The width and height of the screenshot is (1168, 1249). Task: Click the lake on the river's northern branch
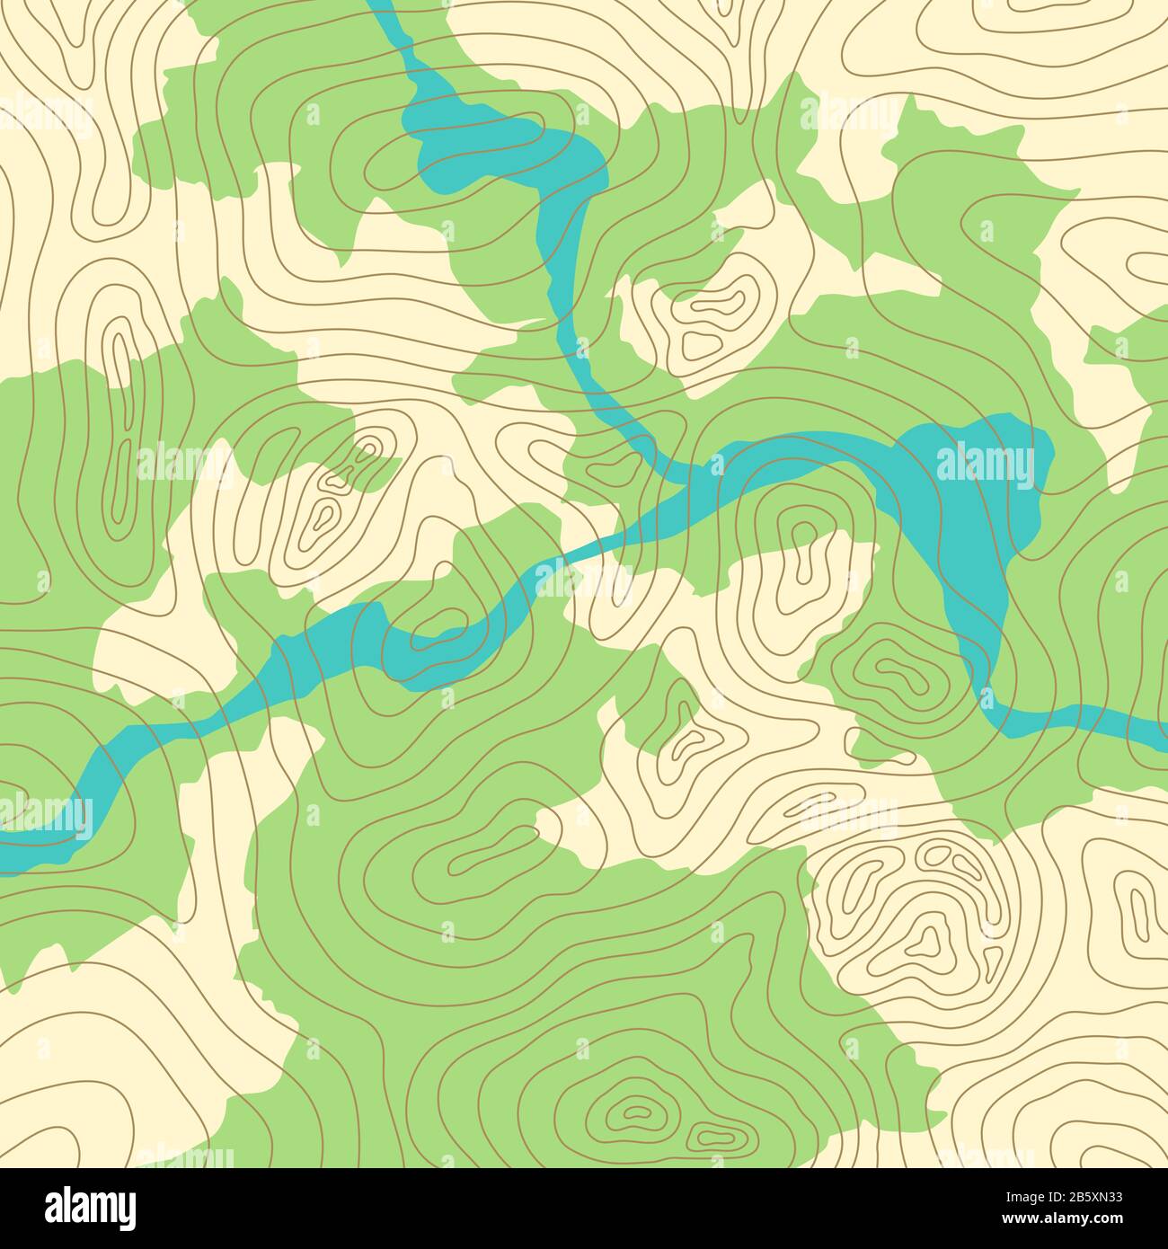point(485,144)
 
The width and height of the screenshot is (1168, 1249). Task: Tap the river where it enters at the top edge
point(382,7)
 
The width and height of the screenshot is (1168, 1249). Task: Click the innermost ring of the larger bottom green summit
point(636,1112)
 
